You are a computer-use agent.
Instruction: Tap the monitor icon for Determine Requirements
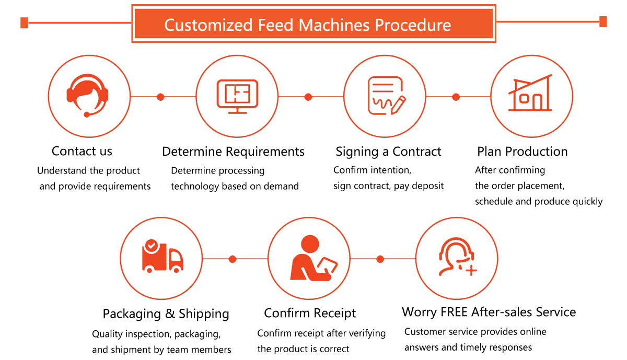(x=237, y=97)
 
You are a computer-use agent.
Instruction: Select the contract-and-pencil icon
(x=386, y=96)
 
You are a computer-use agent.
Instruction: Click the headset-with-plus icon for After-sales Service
(x=457, y=257)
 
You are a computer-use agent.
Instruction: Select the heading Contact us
(x=82, y=152)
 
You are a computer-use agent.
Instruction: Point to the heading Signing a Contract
(x=388, y=152)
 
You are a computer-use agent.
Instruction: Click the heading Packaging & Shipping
(x=166, y=314)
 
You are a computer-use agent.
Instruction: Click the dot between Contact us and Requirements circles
(x=160, y=97)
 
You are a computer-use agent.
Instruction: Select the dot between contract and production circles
(x=456, y=97)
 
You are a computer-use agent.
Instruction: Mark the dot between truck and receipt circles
(x=233, y=259)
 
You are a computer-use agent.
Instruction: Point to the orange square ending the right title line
(x=603, y=22)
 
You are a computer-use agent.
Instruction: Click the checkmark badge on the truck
(x=151, y=244)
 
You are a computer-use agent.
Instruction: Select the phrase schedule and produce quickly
(x=538, y=202)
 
